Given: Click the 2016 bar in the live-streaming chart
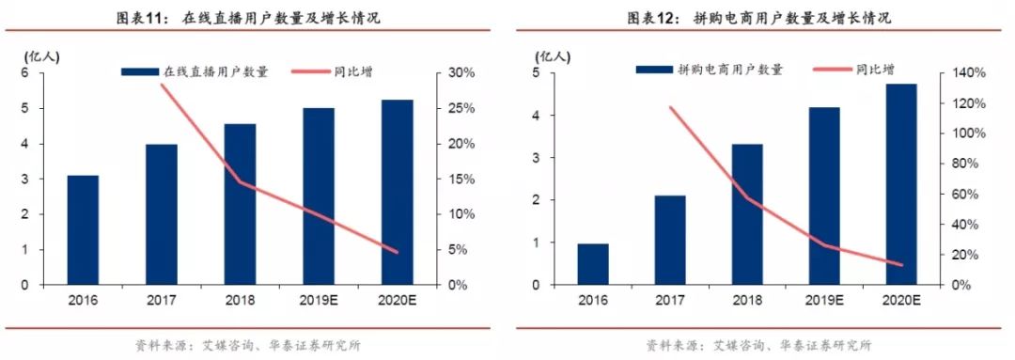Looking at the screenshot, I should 83,230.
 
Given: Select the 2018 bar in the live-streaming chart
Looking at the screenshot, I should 240,204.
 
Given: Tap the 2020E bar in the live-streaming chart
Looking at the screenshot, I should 398,192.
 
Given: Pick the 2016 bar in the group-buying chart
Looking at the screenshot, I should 593,264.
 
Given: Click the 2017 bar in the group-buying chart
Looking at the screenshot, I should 670,240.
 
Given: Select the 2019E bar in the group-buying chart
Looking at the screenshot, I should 824,196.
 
